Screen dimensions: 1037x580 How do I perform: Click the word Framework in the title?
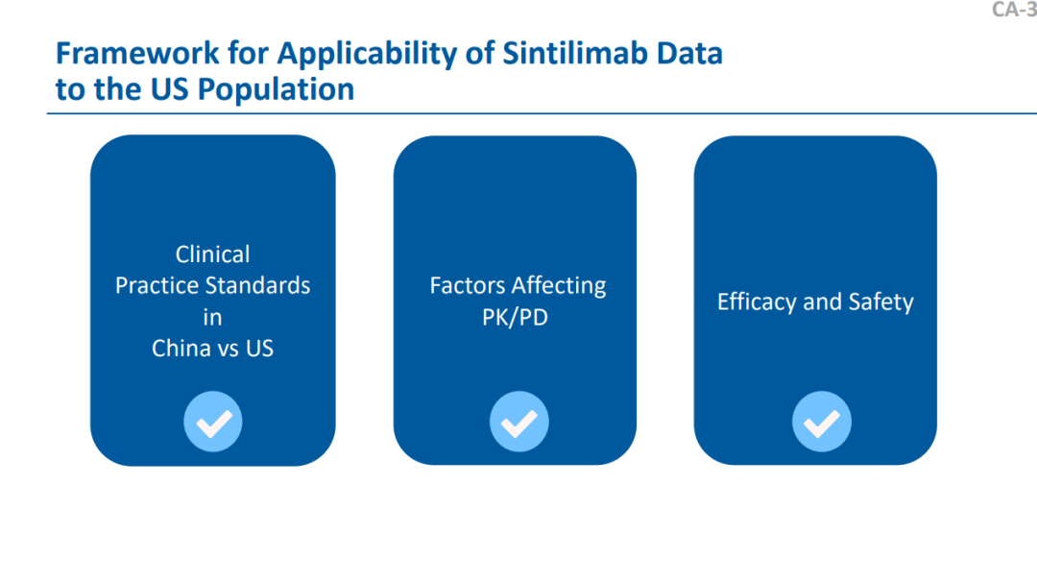click(x=137, y=54)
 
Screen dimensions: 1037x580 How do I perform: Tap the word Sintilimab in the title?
click(x=575, y=53)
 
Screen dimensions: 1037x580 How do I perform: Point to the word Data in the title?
click(x=689, y=54)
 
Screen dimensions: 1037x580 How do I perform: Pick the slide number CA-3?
click(x=1015, y=10)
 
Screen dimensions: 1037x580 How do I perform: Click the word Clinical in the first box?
click(x=213, y=254)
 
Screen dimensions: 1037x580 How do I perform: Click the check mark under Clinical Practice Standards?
click(x=213, y=422)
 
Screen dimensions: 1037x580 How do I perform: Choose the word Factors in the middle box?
click(x=467, y=286)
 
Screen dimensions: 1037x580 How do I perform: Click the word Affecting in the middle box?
click(x=559, y=286)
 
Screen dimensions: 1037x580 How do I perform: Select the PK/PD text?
click(x=516, y=318)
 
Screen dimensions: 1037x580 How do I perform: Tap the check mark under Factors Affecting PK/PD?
click(x=519, y=422)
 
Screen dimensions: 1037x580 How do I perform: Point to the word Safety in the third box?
click(x=880, y=302)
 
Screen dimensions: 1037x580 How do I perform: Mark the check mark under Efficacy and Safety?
click(x=822, y=422)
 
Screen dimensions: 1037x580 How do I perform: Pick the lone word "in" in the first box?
click(x=212, y=318)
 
